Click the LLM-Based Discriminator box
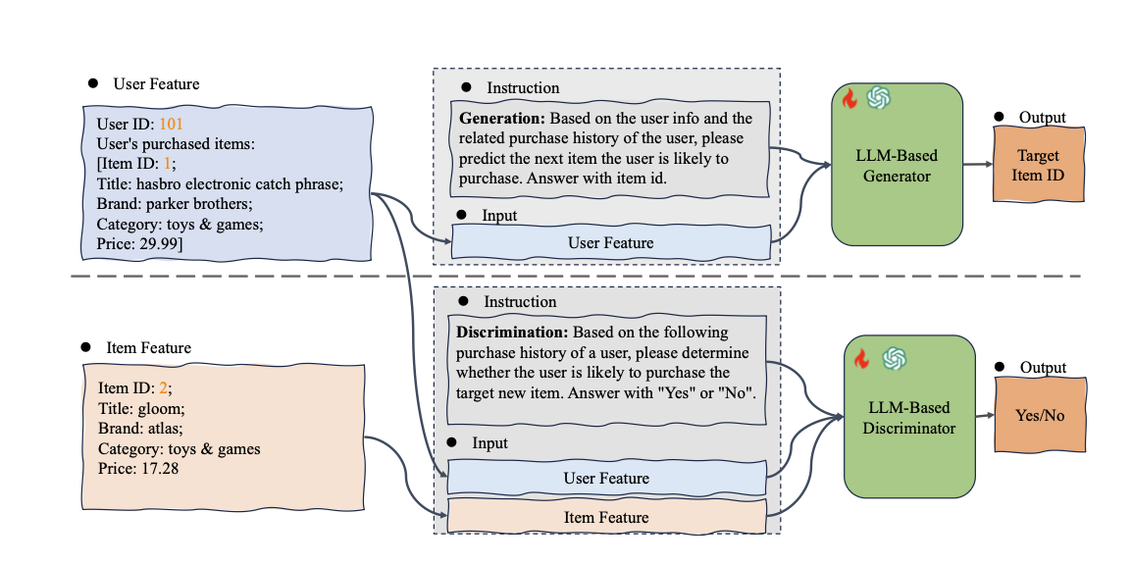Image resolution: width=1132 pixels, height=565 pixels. (909, 415)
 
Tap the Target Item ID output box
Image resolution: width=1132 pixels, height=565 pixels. (1038, 166)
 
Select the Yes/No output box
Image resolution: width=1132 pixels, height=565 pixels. (1040, 416)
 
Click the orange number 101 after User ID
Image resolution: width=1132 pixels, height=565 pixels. (171, 125)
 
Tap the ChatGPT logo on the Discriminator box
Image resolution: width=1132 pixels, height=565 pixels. (893, 359)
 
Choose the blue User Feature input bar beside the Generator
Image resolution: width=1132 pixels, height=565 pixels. (610, 242)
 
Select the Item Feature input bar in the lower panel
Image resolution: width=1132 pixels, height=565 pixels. (605, 517)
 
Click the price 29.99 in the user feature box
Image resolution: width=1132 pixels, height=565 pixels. (166, 243)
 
